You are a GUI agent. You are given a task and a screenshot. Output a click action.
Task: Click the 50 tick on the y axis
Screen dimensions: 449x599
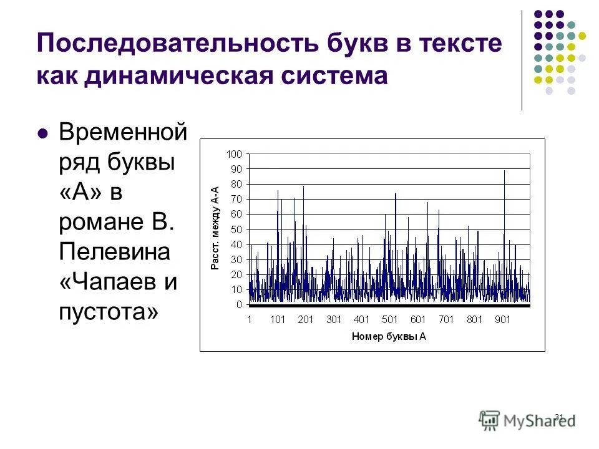point(236,229)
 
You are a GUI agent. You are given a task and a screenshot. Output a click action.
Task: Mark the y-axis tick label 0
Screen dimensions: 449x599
point(239,305)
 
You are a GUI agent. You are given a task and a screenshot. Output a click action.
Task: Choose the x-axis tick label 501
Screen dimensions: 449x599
point(390,320)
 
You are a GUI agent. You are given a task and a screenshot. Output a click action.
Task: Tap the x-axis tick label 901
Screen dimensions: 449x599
point(503,320)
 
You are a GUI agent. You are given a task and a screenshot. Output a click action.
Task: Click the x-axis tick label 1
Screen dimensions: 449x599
point(249,320)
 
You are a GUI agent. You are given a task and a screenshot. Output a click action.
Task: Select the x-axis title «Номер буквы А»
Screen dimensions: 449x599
point(389,336)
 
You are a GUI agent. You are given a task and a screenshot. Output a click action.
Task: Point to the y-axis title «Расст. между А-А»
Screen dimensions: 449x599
point(215,228)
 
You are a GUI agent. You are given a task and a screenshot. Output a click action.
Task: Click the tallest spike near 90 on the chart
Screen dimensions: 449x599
point(504,171)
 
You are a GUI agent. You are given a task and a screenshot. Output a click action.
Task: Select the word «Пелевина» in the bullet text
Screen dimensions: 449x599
point(115,252)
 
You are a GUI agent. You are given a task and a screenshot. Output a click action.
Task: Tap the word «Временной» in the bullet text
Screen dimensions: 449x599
point(122,133)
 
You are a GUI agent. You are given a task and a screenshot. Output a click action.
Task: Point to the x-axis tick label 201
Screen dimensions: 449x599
point(306,320)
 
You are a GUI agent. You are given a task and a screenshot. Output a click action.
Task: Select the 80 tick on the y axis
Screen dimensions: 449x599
point(236,184)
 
